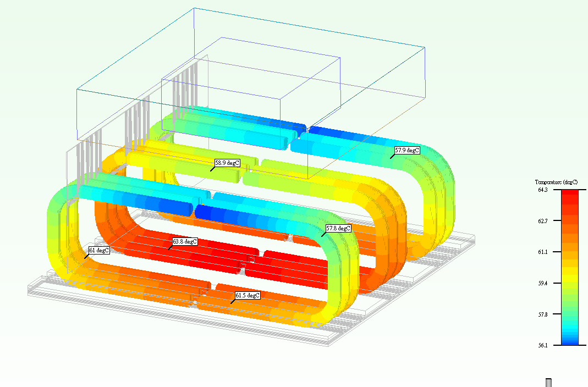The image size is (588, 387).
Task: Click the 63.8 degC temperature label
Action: click(185, 242)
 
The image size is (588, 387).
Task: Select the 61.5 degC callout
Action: click(248, 295)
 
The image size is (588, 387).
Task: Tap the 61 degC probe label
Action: click(99, 250)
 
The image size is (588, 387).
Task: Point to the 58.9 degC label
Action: click(227, 163)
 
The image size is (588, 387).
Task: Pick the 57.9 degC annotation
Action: click(407, 150)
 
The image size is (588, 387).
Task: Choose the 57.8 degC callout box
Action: click(338, 228)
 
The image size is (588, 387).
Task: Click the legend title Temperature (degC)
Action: click(556, 182)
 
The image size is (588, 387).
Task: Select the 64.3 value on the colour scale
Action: click(543, 190)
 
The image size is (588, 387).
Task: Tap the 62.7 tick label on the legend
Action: click(543, 220)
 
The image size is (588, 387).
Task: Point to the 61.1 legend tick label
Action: click(543, 252)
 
